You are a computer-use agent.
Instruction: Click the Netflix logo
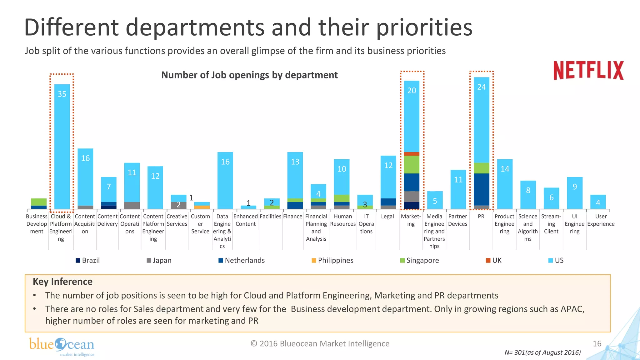(x=588, y=71)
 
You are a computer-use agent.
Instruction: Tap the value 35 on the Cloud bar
(x=62, y=94)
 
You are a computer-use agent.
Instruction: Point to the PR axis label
(x=481, y=216)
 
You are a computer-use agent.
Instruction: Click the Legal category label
(x=387, y=216)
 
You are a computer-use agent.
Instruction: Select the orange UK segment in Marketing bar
(x=411, y=154)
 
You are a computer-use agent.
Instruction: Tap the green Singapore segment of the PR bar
(x=481, y=168)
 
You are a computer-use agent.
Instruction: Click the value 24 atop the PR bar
(x=481, y=87)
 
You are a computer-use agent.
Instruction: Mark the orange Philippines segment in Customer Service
(x=202, y=207)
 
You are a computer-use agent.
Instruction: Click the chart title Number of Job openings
(x=249, y=75)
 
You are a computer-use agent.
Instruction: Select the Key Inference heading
(x=62, y=282)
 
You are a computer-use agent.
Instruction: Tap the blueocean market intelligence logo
(x=62, y=346)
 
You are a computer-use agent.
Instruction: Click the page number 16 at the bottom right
(x=597, y=343)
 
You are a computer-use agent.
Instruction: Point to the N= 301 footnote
(x=542, y=352)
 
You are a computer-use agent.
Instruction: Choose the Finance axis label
(x=292, y=216)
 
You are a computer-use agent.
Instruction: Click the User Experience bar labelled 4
(x=598, y=202)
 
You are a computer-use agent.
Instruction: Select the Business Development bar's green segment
(x=39, y=202)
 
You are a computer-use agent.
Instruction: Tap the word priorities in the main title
(x=424, y=27)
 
